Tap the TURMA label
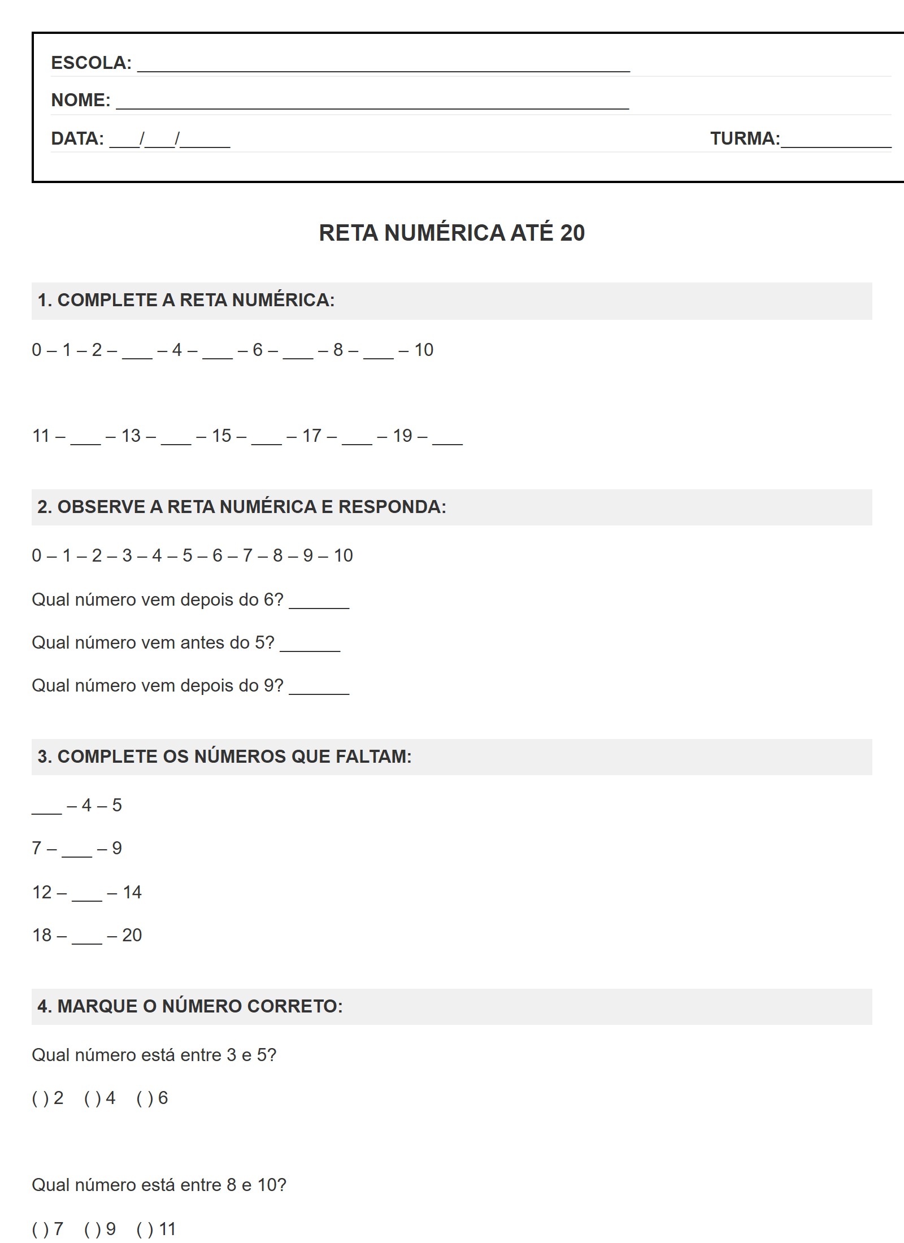tap(745, 138)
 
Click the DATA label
tap(77, 138)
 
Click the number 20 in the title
tap(572, 233)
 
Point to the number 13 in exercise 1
tap(131, 436)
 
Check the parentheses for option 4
tap(92, 1098)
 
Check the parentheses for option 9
tap(92, 1229)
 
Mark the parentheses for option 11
tap(145, 1229)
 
